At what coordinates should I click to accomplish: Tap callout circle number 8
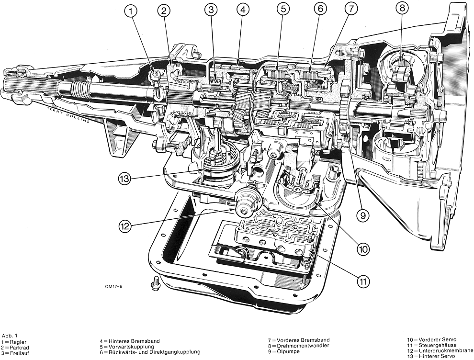pos(402,8)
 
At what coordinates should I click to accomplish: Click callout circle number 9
pos(362,215)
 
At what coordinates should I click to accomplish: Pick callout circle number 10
pos(362,248)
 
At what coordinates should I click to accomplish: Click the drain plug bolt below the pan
pos(154,284)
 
